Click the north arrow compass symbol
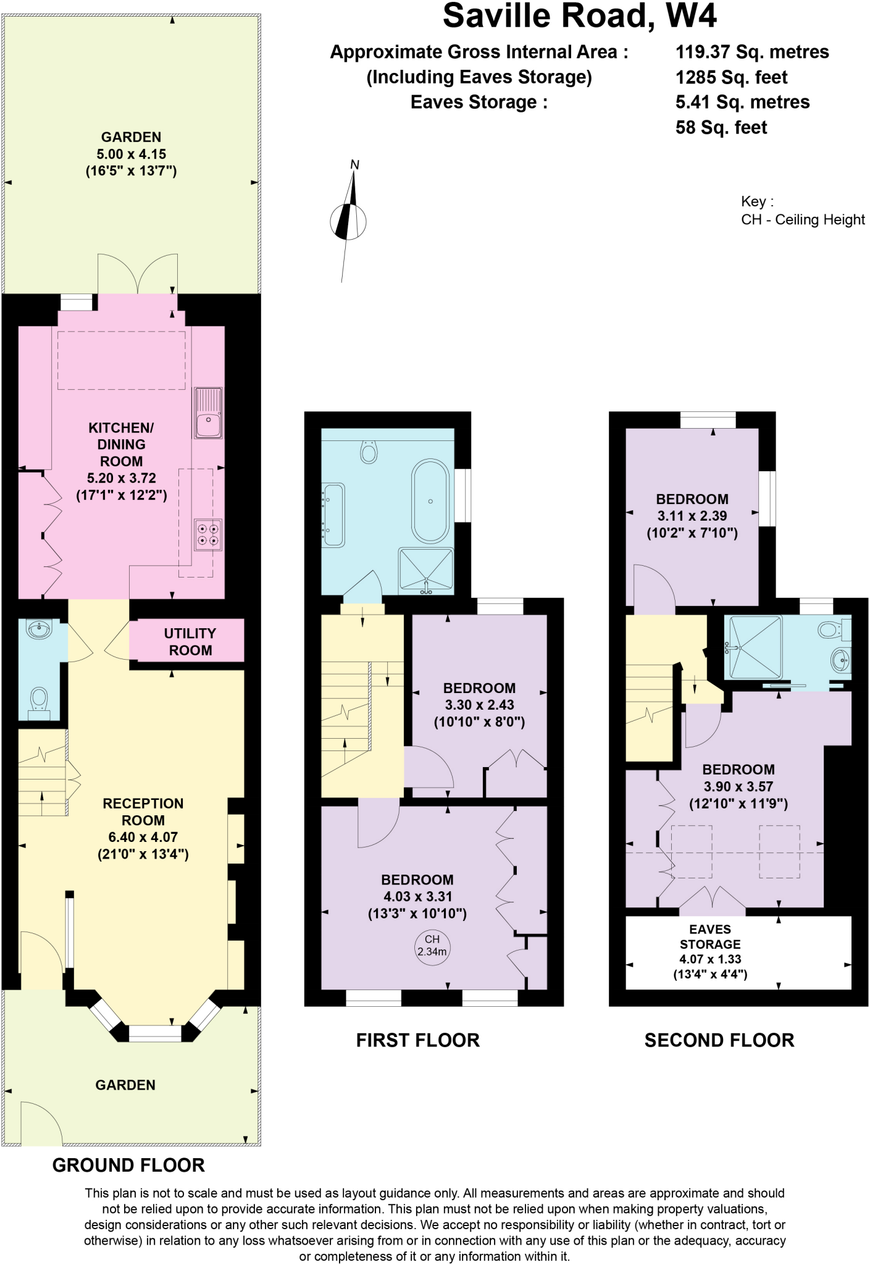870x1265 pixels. (x=349, y=221)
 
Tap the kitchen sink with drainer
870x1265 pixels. (x=208, y=413)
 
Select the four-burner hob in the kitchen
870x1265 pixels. (x=207, y=534)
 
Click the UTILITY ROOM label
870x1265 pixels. (x=190, y=642)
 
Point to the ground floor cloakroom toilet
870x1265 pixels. (x=39, y=702)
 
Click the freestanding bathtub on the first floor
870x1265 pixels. (x=430, y=501)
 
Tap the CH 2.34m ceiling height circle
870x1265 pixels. (x=432, y=946)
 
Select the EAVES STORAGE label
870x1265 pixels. (x=710, y=936)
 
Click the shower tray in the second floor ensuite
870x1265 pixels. (x=755, y=647)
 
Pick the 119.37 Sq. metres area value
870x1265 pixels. (x=752, y=52)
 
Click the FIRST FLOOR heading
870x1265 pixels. (x=417, y=1040)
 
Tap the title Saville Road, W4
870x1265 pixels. (x=579, y=16)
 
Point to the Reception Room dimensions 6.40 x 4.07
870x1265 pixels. (x=143, y=838)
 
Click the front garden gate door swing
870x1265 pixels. (x=41, y=1123)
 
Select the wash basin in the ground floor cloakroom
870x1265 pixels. (x=40, y=630)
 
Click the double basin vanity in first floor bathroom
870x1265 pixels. (x=333, y=515)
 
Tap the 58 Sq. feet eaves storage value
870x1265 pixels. (x=721, y=127)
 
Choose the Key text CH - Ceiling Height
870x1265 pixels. (x=802, y=220)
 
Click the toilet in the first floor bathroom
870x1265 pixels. (x=369, y=452)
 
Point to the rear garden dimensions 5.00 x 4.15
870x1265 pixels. (x=131, y=154)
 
